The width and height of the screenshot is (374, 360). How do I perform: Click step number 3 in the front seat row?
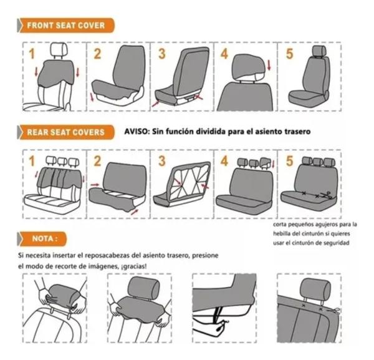(161, 54)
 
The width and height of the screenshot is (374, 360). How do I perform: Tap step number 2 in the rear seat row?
(98, 160)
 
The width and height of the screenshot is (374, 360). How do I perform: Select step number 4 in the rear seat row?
(224, 160)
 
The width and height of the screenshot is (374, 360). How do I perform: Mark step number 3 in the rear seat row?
(161, 160)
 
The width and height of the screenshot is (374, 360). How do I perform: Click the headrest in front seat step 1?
(59, 49)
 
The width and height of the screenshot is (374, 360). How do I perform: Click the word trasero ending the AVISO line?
(294, 132)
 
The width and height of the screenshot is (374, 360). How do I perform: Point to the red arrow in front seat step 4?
(269, 64)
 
